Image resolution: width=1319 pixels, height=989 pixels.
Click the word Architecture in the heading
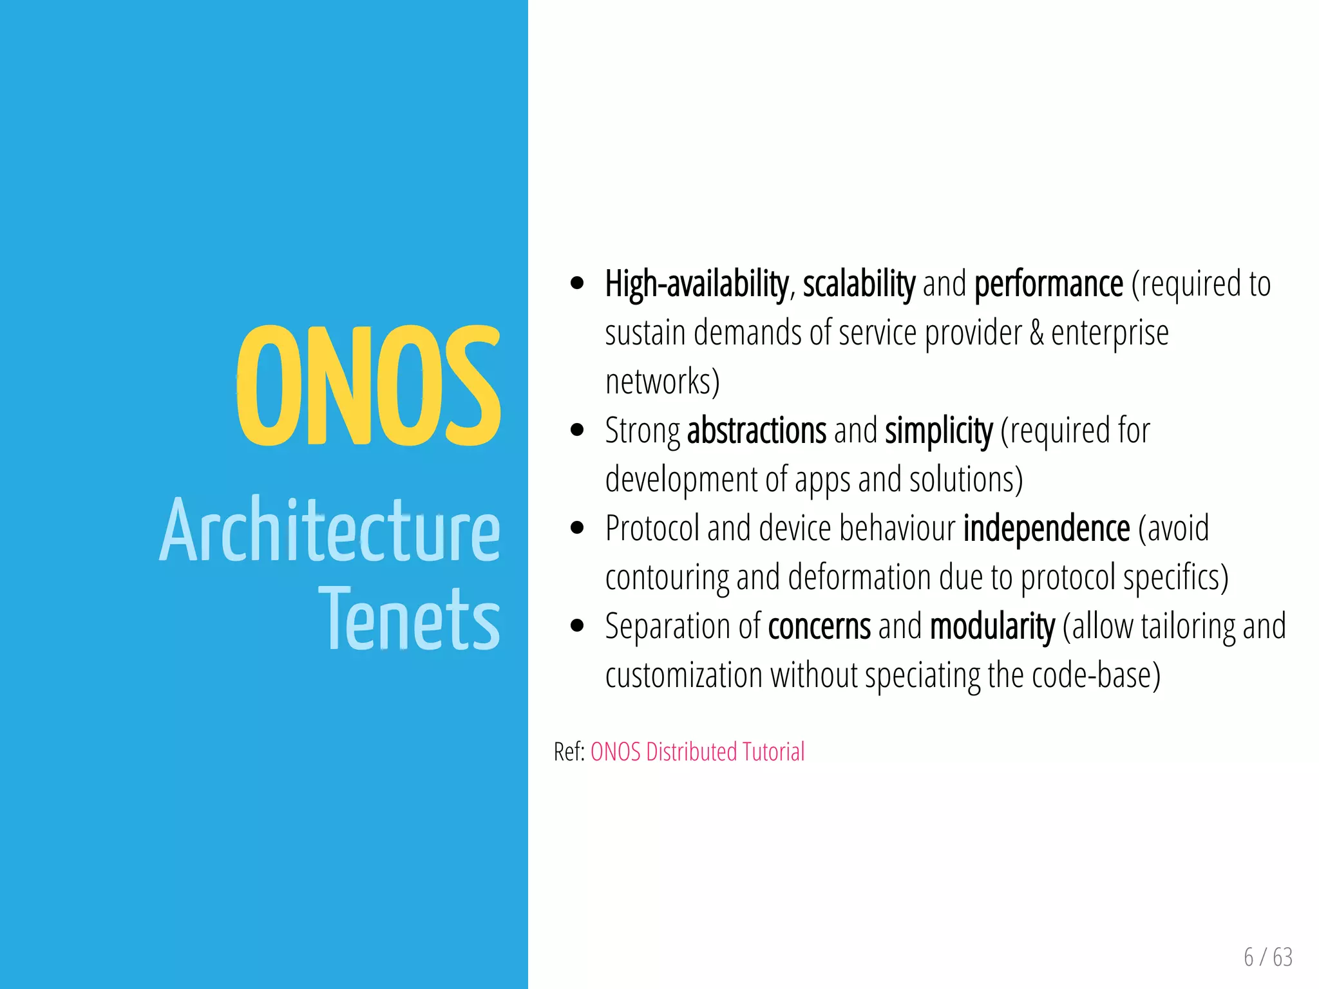point(330,531)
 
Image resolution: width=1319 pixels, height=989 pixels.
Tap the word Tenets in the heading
point(410,619)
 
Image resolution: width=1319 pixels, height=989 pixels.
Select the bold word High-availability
point(697,285)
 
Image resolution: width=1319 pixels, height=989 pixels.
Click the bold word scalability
point(859,285)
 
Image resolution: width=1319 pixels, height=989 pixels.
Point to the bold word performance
point(1049,285)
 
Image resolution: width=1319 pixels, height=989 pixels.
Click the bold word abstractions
point(757,431)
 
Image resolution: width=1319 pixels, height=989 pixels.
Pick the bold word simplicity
point(938,431)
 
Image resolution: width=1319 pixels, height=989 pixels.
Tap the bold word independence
point(1047,529)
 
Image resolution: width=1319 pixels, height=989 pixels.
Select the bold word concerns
point(819,626)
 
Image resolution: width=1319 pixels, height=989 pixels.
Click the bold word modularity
point(992,626)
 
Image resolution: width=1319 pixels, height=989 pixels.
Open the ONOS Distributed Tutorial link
point(697,752)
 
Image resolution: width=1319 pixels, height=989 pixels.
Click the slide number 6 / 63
point(1268,957)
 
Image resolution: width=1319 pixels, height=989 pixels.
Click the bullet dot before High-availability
point(577,283)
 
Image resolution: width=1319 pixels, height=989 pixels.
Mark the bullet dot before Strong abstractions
point(577,430)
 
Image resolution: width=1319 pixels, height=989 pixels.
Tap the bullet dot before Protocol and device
point(577,528)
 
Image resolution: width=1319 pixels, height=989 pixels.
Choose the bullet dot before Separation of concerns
point(577,626)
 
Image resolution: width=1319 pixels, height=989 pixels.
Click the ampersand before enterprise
point(1036,334)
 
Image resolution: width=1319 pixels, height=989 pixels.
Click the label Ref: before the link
point(569,752)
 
